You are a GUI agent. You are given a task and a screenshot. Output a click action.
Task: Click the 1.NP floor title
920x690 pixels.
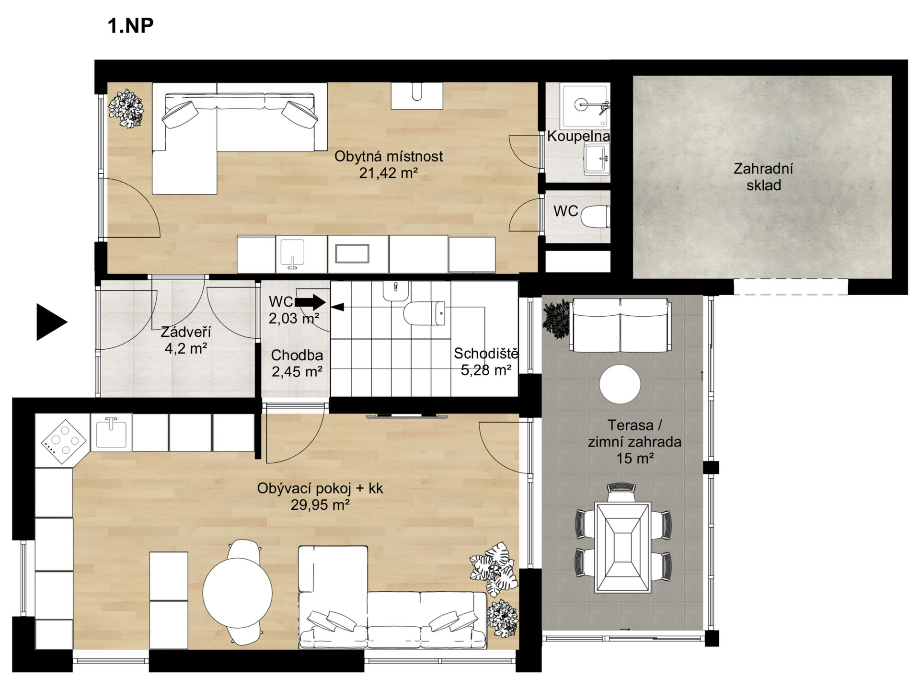tap(130, 25)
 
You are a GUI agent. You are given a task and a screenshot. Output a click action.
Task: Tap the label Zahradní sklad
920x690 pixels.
tap(763, 177)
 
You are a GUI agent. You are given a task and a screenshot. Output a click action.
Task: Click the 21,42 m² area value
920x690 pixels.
tap(388, 173)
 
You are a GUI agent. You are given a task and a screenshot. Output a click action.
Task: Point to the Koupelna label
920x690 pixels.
tap(578, 136)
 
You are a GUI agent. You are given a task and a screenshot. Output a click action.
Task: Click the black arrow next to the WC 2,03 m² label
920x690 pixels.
tap(310, 302)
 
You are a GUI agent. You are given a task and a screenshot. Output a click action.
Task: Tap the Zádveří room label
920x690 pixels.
tap(185, 332)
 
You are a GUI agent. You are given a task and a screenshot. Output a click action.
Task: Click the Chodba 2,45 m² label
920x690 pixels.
tap(297, 363)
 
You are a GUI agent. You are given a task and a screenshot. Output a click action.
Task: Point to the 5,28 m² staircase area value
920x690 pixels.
tap(486, 370)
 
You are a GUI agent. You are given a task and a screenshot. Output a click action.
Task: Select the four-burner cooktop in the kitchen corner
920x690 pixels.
tap(64, 442)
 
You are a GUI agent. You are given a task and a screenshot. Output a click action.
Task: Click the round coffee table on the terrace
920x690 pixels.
tap(620, 384)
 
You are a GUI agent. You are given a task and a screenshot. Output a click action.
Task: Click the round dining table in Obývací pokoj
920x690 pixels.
tap(237, 593)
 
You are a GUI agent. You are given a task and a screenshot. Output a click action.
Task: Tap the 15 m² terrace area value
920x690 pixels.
tap(635, 459)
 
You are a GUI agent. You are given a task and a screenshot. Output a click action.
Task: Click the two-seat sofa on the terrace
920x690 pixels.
tap(620, 326)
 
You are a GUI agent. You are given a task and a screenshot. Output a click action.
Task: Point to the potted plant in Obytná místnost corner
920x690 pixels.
tap(126, 108)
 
